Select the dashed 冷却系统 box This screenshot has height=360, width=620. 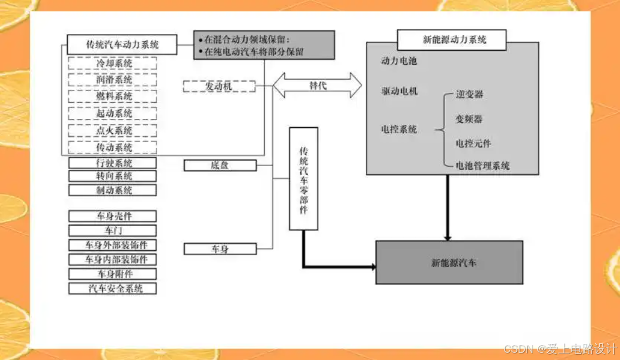pyautogui.click(x=113, y=63)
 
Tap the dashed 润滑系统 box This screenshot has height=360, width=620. pyautogui.click(x=113, y=80)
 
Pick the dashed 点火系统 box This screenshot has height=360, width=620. pyautogui.click(x=113, y=130)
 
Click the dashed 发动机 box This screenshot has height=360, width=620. pyautogui.click(x=218, y=87)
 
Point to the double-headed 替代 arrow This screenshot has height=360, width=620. pyautogui.click(x=317, y=85)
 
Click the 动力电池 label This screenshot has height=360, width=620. pyautogui.click(x=399, y=61)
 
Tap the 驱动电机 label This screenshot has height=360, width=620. pyautogui.click(x=399, y=91)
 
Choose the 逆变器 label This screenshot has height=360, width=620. pyautogui.click(x=469, y=95)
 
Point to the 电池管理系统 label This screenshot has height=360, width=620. pyautogui.click(x=482, y=166)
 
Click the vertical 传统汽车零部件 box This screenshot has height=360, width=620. pyautogui.click(x=303, y=179)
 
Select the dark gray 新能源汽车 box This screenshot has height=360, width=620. pyautogui.click(x=449, y=262)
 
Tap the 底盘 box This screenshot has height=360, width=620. pyautogui.click(x=220, y=165)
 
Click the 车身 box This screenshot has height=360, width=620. pyautogui.click(x=220, y=249)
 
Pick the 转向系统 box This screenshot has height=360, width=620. pyautogui.click(x=113, y=176)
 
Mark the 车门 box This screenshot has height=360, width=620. pyautogui.click(x=113, y=230)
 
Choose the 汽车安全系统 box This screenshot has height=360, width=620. pyautogui.click(x=113, y=289)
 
